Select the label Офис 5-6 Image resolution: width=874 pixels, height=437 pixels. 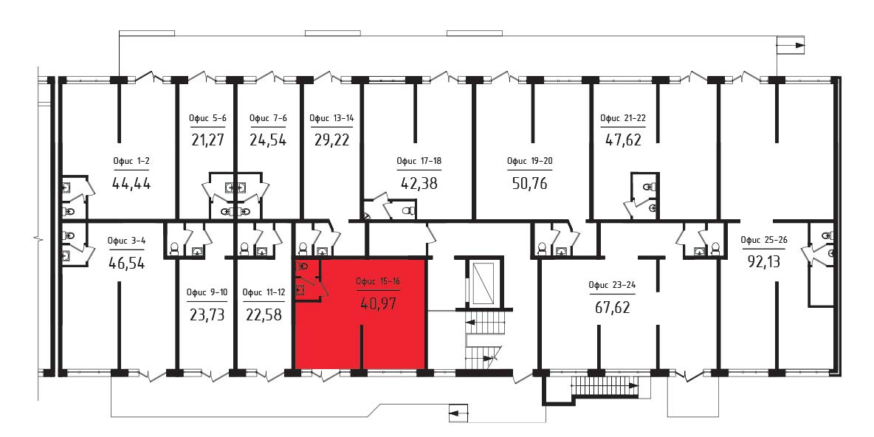pos(208,117)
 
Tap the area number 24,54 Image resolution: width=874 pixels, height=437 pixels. pos(267,139)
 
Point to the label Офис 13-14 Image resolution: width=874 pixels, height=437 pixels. pos(331,117)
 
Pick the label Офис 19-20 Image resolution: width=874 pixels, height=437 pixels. pos(529,161)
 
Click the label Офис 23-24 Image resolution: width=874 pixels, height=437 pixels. pos(611,285)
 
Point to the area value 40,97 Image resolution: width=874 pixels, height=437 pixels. pos(378,303)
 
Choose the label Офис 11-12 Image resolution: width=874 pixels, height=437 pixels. pos(264,292)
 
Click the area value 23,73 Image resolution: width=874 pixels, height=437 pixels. pos(207,315)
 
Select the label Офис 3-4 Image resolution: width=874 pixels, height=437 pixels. pos(126,241)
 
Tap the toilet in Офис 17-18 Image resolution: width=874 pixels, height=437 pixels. pos(407,211)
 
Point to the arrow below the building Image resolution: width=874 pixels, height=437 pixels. pos(458,413)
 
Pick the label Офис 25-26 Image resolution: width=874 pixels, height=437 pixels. pos(763,240)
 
